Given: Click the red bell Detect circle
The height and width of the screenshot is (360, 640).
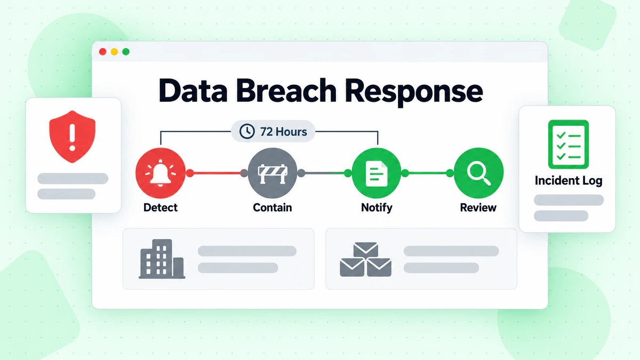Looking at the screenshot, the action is click(x=161, y=173).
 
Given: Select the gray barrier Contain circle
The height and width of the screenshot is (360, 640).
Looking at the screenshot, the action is click(x=273, y=173).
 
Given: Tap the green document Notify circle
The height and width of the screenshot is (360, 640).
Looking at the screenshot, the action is click(x=377, y=173).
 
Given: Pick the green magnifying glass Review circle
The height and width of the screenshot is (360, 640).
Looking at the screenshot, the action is click(x=478, y=173).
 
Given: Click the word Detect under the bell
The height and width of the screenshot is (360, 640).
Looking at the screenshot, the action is click(x=161, y=207).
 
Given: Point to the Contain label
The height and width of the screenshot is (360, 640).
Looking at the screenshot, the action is click(x=273, y=207).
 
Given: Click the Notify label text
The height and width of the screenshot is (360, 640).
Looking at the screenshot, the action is click(x=377, y=207).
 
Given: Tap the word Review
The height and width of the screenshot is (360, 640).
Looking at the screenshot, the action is click(x=478, y=207).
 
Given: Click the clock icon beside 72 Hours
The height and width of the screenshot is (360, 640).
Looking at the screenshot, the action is click(x=247, y=131).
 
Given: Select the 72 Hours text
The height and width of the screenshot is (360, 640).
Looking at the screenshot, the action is click(x=283, y=132).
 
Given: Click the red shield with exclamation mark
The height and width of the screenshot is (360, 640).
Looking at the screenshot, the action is click(x=73, y=137).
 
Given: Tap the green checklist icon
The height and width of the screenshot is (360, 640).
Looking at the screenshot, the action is click(x=569, y=145).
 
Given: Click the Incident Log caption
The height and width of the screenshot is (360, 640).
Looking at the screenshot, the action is click(x=569, y=181).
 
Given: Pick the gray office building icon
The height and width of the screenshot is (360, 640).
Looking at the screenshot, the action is click(x=162, y=259).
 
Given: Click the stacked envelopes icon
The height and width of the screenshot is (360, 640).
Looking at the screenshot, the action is click(x=365, y=259).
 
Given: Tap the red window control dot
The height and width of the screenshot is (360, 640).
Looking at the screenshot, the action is click(x=102, y=52).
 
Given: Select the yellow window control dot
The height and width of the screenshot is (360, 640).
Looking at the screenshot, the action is click(x=114, y=52).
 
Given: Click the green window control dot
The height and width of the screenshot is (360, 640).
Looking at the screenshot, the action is click(x=126, y=52).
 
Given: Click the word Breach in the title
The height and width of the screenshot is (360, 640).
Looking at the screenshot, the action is click(x=286, y=90).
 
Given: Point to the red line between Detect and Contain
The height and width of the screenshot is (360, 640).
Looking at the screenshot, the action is click(x=217, y=173).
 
